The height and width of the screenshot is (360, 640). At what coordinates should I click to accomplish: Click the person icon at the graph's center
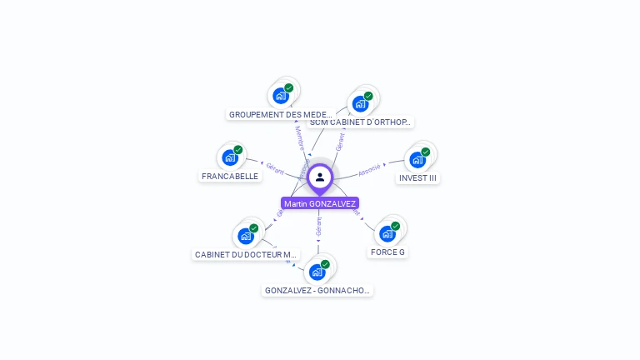[320, 177]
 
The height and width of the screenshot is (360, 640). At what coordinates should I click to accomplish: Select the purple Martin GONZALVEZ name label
[320, 203]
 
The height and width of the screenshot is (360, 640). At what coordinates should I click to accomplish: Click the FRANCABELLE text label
[230, 177]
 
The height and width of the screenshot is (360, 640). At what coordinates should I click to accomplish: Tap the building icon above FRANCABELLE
[230, 157]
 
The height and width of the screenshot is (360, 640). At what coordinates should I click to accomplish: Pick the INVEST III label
[417, 178]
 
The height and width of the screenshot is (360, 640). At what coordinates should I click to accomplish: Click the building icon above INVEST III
[417, 159]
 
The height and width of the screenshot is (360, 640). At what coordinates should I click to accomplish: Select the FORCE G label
[387, 252]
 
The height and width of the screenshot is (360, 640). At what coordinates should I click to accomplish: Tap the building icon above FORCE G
[387, 233]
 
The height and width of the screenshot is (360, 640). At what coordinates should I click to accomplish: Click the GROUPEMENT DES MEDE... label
[280, 115]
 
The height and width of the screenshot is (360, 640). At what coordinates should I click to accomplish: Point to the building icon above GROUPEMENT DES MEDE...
[281, 95]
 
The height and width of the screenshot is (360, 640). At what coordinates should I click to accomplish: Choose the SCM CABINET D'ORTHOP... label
[361, 122]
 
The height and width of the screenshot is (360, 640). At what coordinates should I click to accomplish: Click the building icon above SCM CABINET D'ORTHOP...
[360, 103]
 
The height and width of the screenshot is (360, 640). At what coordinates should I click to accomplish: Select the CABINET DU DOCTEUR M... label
[245, 255]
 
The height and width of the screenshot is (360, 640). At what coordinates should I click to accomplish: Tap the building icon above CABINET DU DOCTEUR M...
[246, 235]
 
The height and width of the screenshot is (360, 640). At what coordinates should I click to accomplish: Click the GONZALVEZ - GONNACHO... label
[317, 291]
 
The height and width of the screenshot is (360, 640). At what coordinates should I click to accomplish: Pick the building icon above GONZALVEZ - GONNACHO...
[317, 272]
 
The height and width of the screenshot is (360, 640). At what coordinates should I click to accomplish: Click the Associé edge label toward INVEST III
[369, 169]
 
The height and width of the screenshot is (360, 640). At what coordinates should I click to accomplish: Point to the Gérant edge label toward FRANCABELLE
[276, 167]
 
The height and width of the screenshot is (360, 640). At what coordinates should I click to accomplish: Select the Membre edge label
[299, 138]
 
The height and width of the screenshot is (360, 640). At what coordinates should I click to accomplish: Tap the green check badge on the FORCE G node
[396, 226]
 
